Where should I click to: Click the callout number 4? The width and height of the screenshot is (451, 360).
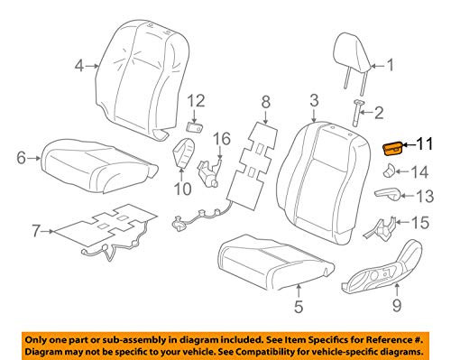[x=79, y=66]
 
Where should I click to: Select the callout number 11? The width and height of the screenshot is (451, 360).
[x=425, y=143]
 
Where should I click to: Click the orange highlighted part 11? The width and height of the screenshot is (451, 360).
[x=395, y=149]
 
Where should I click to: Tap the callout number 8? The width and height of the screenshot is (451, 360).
[x=265, y=105]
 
